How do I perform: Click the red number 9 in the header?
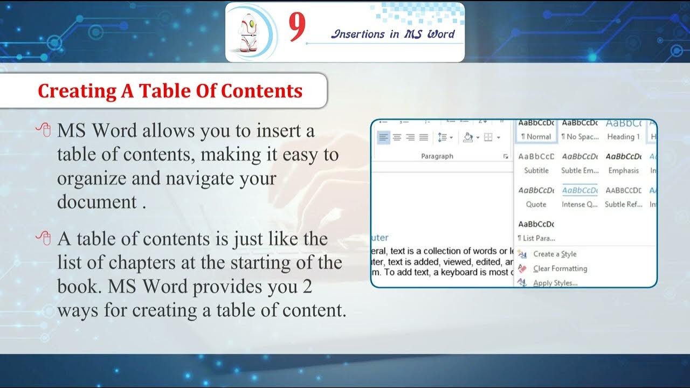(x=297, y=28)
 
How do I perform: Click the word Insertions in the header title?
(x=358, y=34)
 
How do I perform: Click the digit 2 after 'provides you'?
(x=307, y=287)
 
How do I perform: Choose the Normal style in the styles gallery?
(x=536, y=131)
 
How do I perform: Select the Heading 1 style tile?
(x=623, y=131)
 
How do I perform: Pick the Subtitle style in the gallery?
(x=536, y=164)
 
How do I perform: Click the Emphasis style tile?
(x=623, y=164)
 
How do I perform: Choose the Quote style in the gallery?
(x=536, y=198)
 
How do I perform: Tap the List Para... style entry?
(x=536, y=231)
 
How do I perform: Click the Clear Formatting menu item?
(x=560, y=268)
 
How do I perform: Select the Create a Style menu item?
(x=555, y=254)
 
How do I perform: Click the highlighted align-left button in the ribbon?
(x=383, y=137)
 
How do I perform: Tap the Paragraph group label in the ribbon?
(x=437, y=156)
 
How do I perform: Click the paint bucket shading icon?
(x=467, y=137)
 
